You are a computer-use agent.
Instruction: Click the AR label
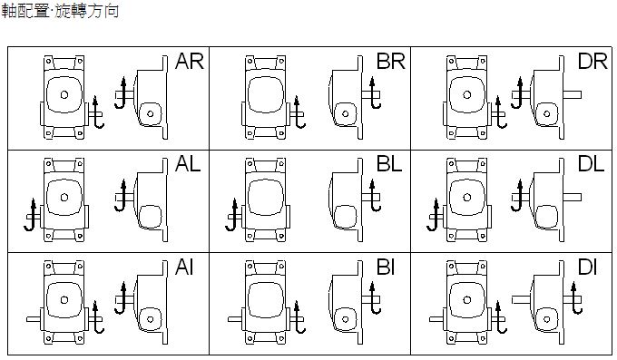(190, 62)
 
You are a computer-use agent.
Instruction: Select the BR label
(391, 62)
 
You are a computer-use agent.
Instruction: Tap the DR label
(593, 62)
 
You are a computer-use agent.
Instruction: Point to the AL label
(188, 163)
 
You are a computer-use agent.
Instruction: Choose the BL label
(389, 163)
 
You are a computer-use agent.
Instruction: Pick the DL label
(591, 163)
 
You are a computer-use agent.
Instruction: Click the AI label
(184, 268)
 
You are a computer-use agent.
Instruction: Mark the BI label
(386, 268)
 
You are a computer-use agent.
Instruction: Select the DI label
(587, 268)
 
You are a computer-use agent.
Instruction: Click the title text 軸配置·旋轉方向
(60, 11)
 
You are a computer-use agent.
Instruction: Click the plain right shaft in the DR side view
(573, 94)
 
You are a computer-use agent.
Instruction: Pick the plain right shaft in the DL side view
(573, 197)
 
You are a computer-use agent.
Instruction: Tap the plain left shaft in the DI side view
(522, 300)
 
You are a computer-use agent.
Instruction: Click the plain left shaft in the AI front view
(34, 319)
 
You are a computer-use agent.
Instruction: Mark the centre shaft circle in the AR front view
(64, 94)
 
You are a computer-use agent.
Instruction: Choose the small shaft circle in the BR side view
(345, 114)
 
